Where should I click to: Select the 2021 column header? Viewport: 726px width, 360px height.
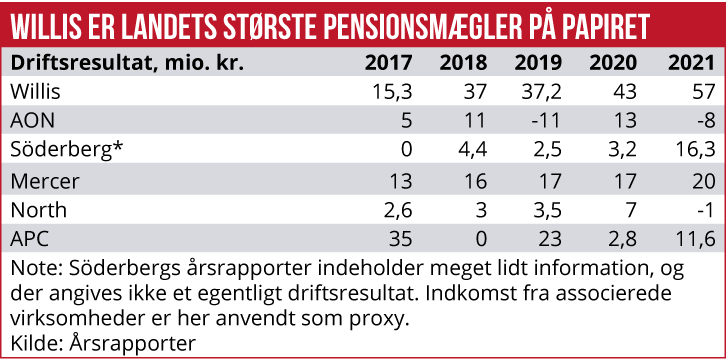point(692,62)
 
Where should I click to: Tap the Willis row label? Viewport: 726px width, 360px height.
point(35,91)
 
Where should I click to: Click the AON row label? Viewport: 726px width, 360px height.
point(31,121)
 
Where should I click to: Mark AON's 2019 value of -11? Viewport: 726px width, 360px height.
point(548,121)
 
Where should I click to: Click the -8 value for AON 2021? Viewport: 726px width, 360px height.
point(706,121)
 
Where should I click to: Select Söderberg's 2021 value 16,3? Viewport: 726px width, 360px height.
point(695,151)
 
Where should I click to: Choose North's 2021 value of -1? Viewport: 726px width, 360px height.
point(706,211)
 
